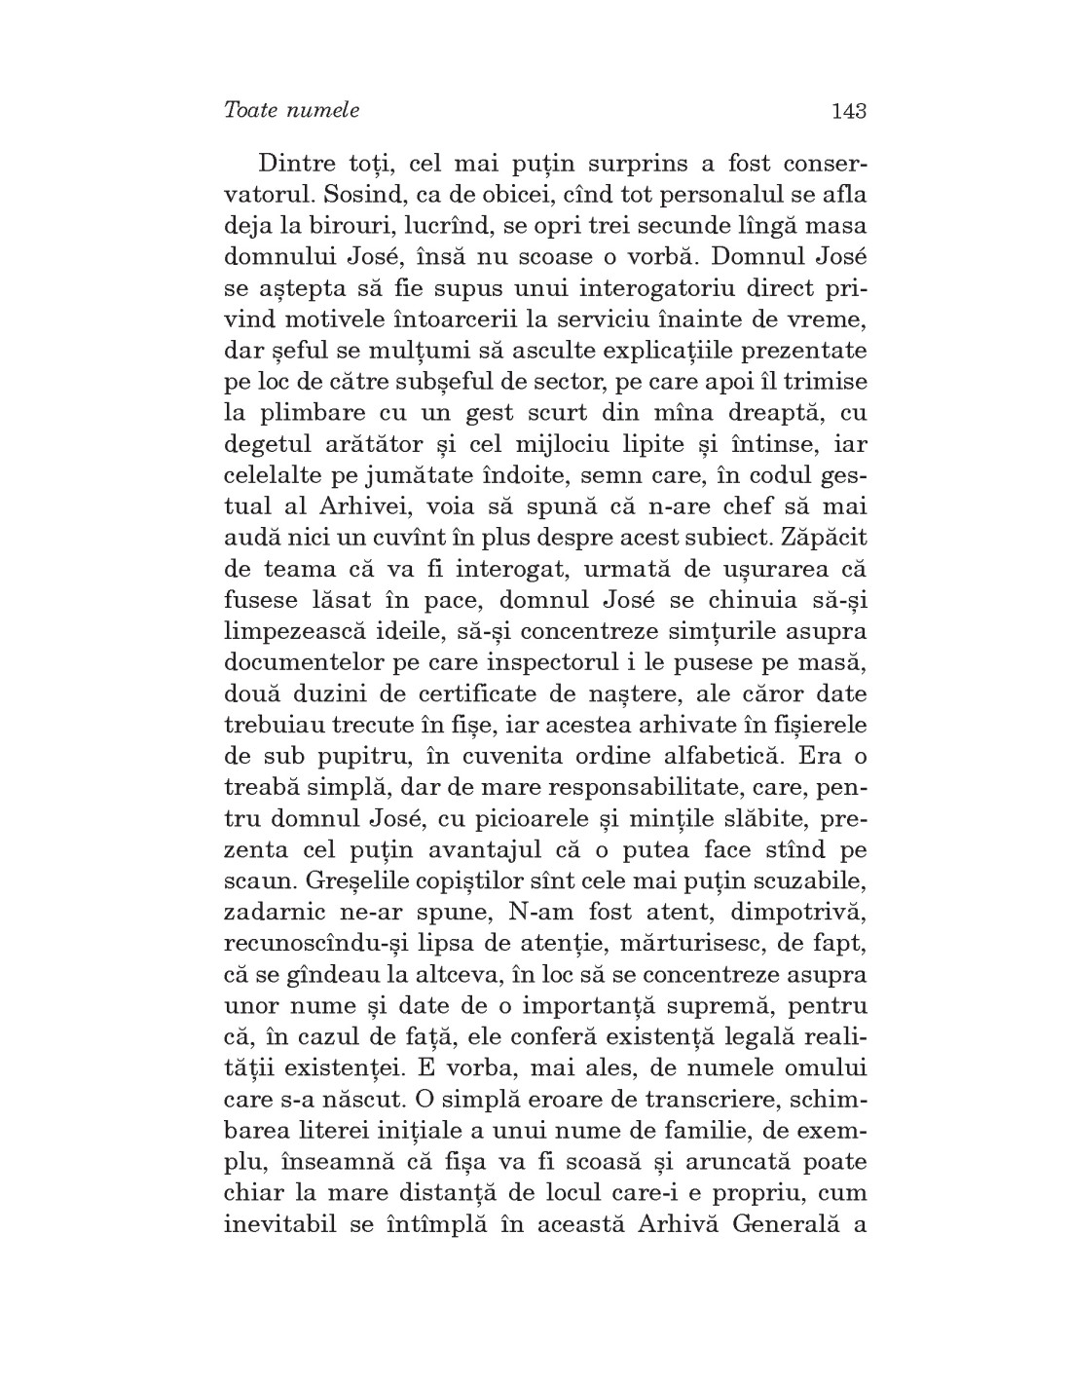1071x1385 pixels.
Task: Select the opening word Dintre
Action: tap(299, 163)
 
